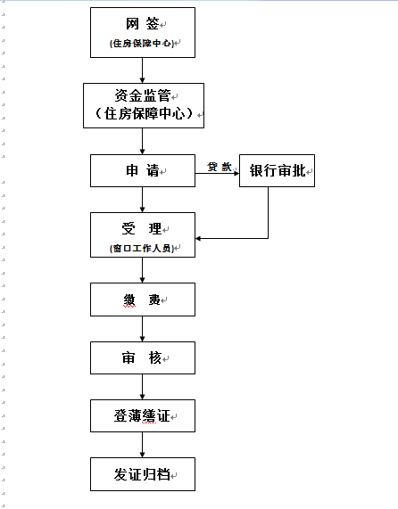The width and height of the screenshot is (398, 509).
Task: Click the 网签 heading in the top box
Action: click(x=142, y=24)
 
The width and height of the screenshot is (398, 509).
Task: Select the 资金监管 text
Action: click(x=143, y=95)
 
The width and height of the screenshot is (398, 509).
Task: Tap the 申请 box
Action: click(x=143, y=171)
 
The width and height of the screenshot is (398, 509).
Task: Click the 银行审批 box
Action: click(x=278, y=171)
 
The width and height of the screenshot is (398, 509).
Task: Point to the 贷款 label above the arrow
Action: click(x=220, y=167)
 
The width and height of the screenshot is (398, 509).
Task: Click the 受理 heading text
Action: click(x=142, y=228)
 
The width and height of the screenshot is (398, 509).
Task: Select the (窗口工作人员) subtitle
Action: click(x=142, y=249)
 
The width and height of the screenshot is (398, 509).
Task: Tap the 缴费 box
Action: click(x=143, y=300)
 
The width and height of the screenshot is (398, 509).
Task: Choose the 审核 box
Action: click(x=143, y=357)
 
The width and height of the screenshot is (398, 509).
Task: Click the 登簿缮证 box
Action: click(x=143, y=415)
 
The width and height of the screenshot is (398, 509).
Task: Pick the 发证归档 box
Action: click(x=143, y=474)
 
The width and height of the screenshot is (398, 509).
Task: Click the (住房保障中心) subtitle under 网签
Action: click(x=142, y=43)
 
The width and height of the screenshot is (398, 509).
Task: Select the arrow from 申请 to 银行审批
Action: click(x=218, y=173)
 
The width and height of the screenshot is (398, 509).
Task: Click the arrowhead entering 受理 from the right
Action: click(x=198, y=239)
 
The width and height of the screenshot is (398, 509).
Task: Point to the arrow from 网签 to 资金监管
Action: click(x=142, y=70)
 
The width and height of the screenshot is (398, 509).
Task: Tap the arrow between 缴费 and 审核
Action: click(x=142, y=329)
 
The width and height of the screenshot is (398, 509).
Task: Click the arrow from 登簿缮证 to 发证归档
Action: click(x=142, y=445)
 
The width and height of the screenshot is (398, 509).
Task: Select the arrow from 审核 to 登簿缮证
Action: click(x=142, y=387)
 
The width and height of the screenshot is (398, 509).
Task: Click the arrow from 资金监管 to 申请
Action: click(x=142, y=141)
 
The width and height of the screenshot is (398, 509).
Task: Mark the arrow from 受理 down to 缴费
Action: click(x=142, y=270)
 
